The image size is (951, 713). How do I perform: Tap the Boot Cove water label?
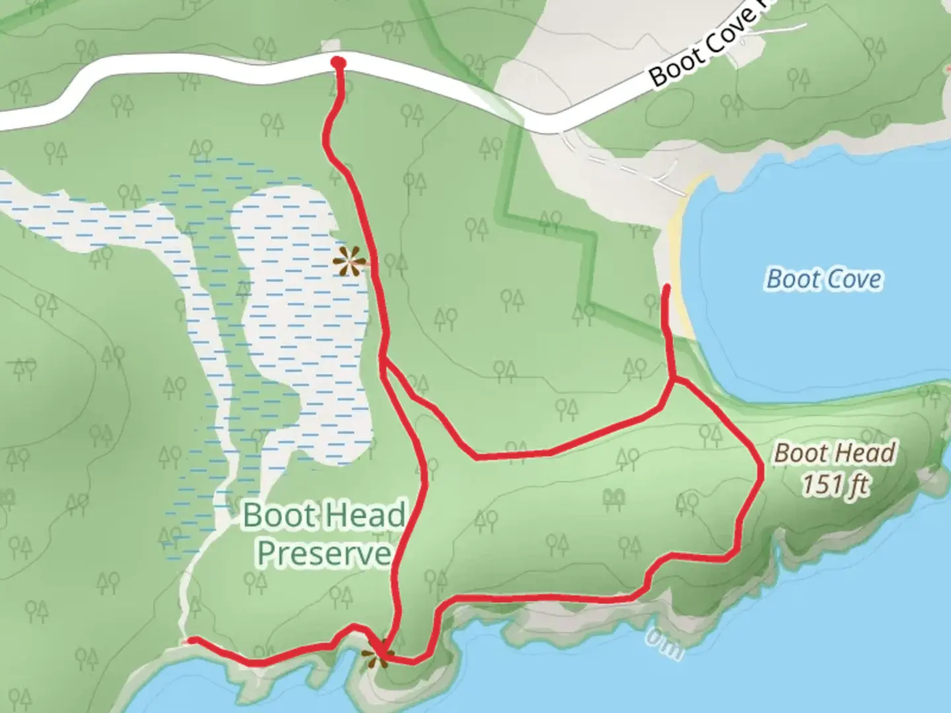click(824, 279)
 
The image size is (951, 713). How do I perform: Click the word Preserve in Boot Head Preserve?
click(324, 553)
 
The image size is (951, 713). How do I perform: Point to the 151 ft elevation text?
click(835, 485)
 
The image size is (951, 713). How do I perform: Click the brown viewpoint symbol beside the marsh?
click(349, 262)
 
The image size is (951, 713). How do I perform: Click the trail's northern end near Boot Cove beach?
click(666, 287)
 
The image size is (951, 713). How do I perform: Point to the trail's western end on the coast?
click(190, 640)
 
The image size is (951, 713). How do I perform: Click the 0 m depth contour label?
click(664, 644)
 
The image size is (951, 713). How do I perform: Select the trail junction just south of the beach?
click(672, 380)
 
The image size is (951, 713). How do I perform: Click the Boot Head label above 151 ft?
click(835, 454)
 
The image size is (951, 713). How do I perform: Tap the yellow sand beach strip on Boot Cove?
click(680, 257)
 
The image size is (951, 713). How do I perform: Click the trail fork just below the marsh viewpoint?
click(383, 360)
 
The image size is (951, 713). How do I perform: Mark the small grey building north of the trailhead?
click(330, 46)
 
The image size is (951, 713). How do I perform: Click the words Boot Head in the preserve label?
click(324, 515)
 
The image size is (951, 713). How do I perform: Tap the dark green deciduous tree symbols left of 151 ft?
click(615, 498)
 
